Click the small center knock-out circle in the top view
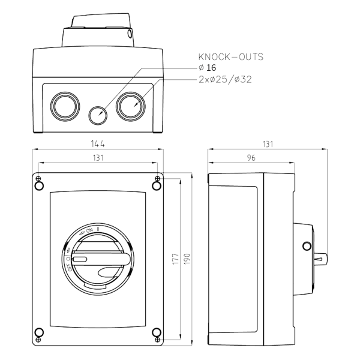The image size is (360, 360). tap(97, 114)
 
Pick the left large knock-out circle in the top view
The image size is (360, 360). tap(62, 106)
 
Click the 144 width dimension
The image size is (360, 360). tap(98, 144)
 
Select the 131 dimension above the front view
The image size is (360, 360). tap(98, 157)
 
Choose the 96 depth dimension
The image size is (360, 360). tap(250, 157)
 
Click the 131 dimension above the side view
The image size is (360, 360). tap(267, 144)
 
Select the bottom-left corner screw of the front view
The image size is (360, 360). tap(39, 333)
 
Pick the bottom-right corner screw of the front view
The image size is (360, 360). tap(157, 333)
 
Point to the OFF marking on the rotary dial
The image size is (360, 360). tap(69, 265)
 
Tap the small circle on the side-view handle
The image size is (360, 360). tap(307, 245)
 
